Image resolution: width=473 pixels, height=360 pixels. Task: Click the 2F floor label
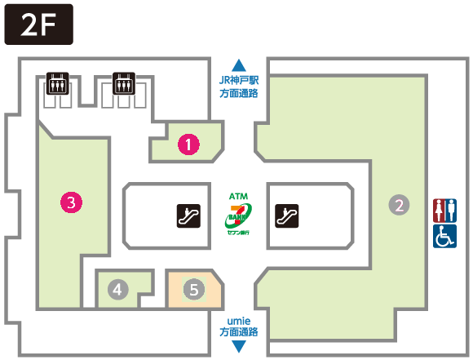(x=38, y=24)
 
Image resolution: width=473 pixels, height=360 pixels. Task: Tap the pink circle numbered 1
(x=188, y=144)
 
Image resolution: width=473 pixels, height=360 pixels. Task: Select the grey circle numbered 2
(x=399, y=205)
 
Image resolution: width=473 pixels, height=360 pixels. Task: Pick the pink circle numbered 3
(x=71, y=202)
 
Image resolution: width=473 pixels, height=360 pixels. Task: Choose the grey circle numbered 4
(x=118, y=289)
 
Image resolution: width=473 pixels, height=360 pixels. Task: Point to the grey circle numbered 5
(x=194, y=289)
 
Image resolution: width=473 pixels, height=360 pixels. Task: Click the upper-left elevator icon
(x=57, y=83)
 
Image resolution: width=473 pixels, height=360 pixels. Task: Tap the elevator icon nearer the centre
(x=124, y=83)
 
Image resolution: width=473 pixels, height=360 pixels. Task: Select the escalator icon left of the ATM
(x=188, y=216)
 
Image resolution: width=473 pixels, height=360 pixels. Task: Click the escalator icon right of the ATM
(x=287, y=216)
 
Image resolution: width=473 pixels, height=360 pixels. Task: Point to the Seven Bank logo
(x=238, y=216)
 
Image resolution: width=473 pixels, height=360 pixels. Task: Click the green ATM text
(x=238, y=196)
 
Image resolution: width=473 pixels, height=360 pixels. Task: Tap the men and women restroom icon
(x=444, y=211)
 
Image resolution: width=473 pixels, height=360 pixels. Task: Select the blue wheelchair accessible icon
(x=444, y=236)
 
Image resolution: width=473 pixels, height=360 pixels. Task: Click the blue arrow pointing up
(x=239, y=65)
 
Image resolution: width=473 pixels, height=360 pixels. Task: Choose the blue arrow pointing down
(x=239, y=346)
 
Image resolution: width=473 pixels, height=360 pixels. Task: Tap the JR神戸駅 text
(x=239, y=80)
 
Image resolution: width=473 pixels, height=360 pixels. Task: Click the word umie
(x=239, y=321)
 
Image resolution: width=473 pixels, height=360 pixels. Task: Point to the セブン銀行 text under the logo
(x=238, y=233)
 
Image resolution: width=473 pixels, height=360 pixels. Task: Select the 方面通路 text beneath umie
(x=239, y=332)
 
